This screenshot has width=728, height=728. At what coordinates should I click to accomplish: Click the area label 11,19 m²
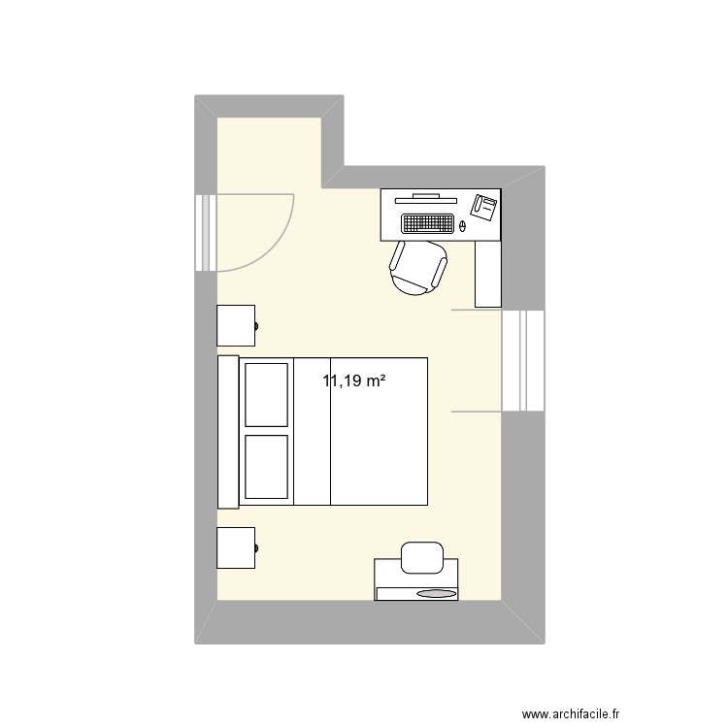tap(354, 381)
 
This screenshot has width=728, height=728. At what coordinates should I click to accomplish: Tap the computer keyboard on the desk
tap(428, 223)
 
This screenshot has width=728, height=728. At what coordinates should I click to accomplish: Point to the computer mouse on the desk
tap(462, 225)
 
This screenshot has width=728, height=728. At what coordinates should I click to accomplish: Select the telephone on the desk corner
tap(484, 205)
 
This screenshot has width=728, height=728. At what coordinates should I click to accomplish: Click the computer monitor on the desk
tap(426, 196)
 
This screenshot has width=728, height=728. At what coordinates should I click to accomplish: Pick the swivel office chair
tap(418, 266)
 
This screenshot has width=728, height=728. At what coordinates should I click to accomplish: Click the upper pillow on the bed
tap(266, 393)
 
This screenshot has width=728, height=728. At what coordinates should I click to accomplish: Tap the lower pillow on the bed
tap(266, 468)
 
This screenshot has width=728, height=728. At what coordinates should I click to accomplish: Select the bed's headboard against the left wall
tap(228, 431)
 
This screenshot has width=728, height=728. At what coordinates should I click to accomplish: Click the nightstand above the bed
tap(236, 326)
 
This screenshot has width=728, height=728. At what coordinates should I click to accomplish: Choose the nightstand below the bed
tap(236, 548)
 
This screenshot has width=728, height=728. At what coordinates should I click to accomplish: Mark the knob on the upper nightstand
tap(257, 326)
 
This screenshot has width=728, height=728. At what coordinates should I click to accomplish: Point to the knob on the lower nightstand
tap(257, 548)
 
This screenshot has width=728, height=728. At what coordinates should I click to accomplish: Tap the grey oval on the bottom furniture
tap(436, 593)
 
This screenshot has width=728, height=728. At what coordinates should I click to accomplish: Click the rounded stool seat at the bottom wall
tap(421, 555)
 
